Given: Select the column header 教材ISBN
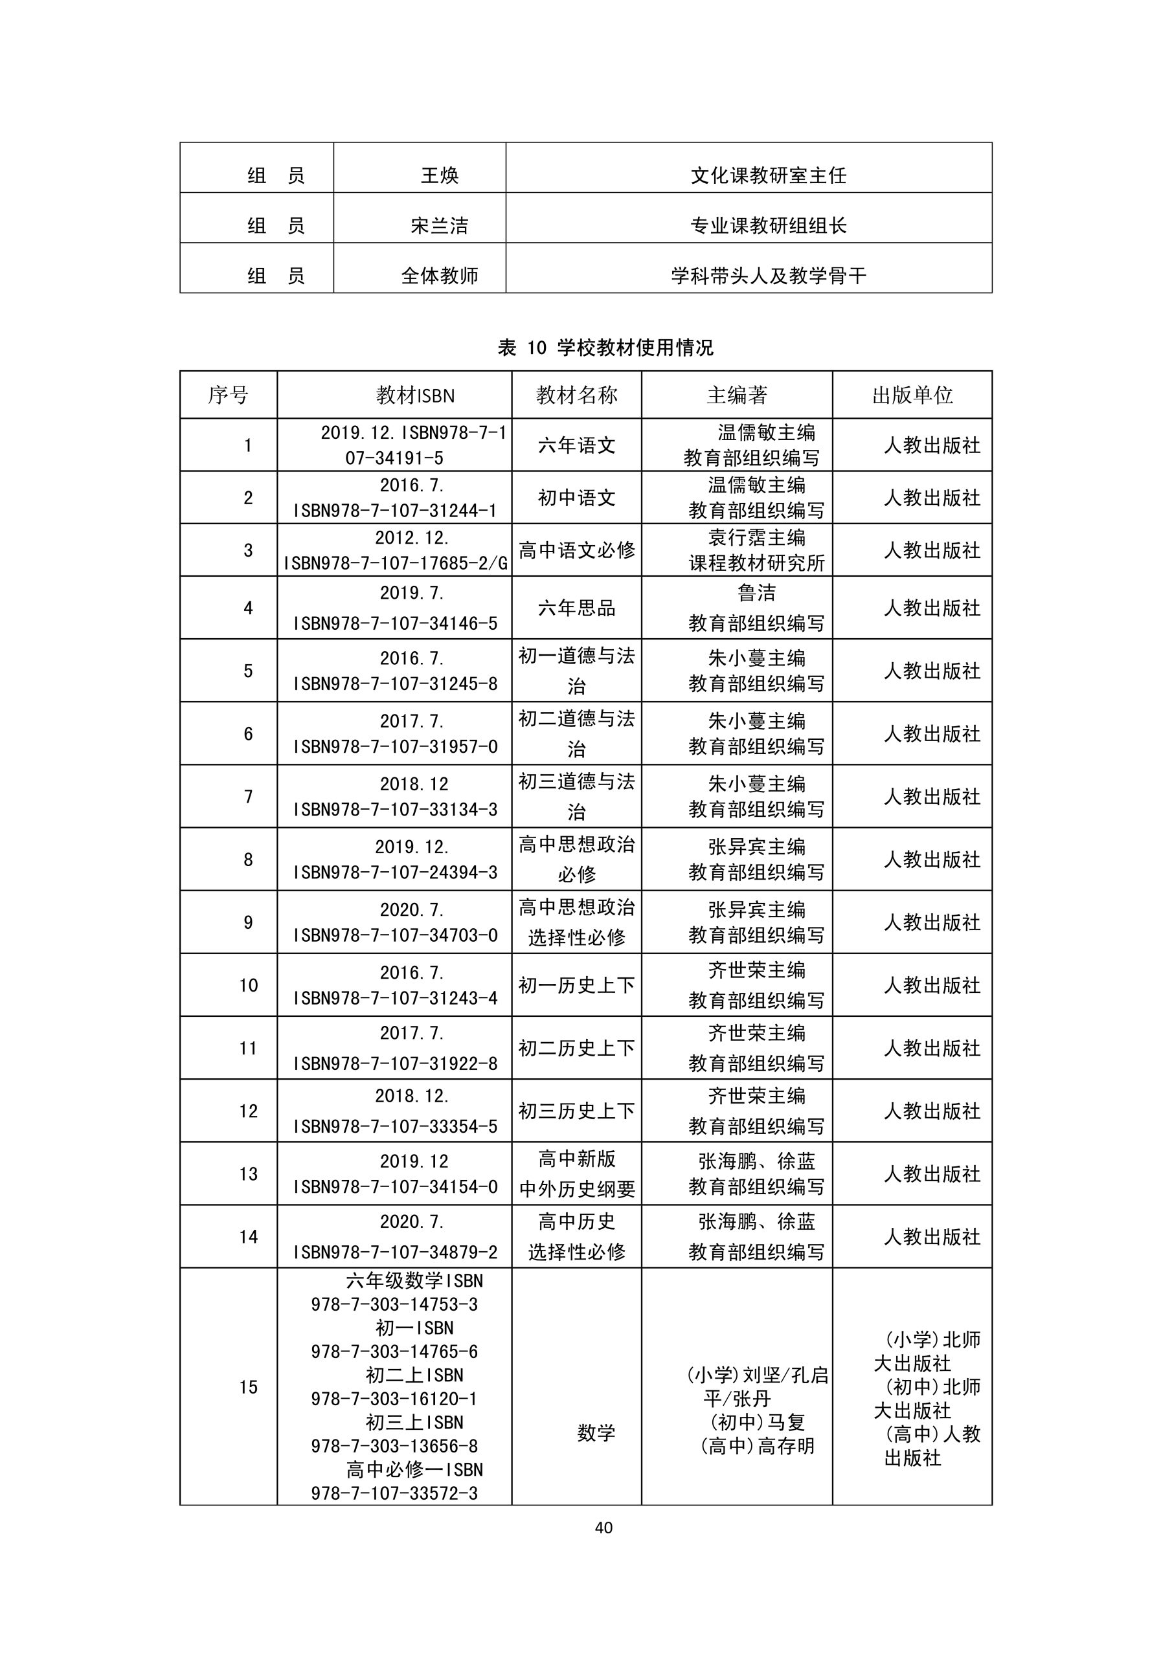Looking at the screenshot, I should [415, 395].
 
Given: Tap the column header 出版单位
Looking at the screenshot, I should [912, 395].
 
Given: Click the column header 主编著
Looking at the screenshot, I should [737, 395].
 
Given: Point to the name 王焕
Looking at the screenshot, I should [439, 175].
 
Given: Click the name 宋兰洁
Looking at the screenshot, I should [439, 226].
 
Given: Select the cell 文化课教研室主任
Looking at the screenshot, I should [769, 175].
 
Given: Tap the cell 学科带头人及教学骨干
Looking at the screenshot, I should [769, 276].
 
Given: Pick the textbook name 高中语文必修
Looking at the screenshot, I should [576, 551].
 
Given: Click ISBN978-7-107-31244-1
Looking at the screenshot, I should [395, 511].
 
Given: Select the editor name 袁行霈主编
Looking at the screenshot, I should [756, 538].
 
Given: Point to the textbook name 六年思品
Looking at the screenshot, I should [576, 608].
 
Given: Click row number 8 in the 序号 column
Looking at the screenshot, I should [248, 860].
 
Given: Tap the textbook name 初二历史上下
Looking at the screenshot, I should [576, 1048].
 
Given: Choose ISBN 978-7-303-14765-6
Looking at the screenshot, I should [394, 1351].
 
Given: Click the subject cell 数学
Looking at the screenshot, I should [596, 1432].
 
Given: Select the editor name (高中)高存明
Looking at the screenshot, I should [757, 1445].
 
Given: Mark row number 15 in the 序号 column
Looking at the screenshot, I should [248, 1387].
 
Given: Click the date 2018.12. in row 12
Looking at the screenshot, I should [412, 1096].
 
